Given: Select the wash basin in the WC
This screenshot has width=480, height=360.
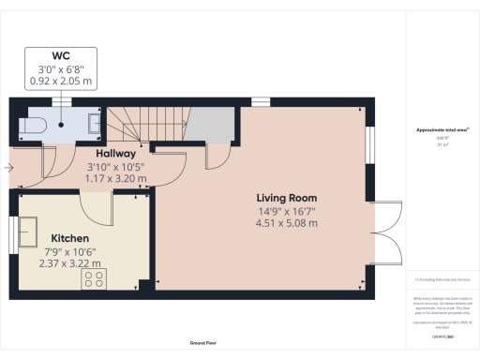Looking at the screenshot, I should (95, 120).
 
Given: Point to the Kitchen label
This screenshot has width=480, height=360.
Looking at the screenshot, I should (70, 238).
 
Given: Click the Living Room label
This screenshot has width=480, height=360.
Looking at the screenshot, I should (287, 198).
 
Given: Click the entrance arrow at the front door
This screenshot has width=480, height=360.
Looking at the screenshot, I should (8, 169).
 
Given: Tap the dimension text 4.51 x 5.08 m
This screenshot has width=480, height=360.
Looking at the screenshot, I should (287, 223).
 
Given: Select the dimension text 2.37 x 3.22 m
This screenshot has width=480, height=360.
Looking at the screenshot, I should (70, 264).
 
